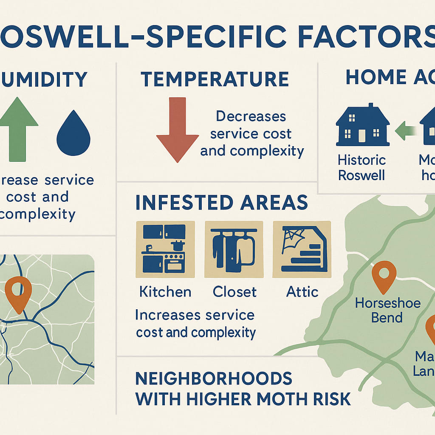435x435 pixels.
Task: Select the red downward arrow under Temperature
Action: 177,127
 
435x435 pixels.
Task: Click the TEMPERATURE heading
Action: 215,79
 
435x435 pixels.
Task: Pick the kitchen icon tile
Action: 164,249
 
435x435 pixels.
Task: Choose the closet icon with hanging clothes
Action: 234,249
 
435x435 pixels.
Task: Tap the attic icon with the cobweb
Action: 302,249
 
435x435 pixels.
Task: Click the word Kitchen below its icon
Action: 165,292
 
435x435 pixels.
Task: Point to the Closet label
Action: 234,292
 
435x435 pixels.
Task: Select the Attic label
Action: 302,292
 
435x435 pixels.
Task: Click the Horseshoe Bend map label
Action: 387,310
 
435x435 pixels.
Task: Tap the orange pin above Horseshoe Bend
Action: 384,276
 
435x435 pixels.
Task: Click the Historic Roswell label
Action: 362,167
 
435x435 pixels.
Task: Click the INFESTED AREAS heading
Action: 221,203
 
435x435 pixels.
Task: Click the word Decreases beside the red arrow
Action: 251,116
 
